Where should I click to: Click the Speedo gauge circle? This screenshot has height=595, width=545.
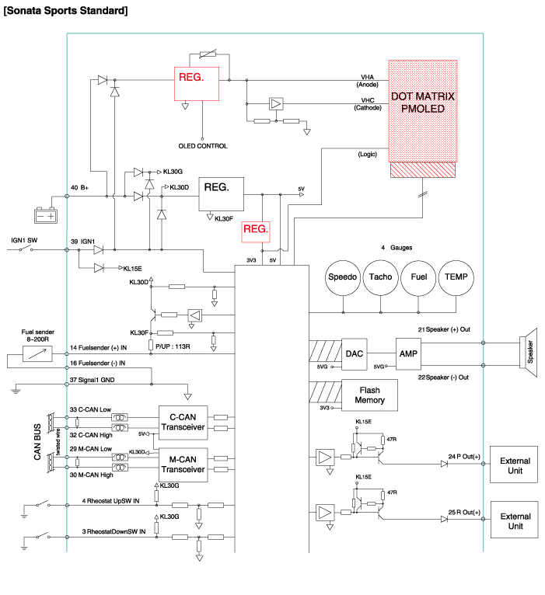coord(342,277)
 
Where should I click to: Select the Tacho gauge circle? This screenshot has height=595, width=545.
coord(381,277)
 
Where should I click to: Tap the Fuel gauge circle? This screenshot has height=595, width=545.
coord(418,277)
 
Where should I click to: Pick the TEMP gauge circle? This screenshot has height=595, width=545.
coord(456,277)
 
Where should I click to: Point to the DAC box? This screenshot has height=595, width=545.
coord(355,353)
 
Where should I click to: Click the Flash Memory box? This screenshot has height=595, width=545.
coord(370,396)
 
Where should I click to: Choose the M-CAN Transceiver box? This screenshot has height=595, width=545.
coord(183,465)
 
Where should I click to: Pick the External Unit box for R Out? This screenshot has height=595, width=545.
coord(515,522)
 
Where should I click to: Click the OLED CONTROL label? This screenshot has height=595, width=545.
coord(203,146)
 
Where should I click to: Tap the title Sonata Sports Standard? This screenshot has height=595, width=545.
coord(66,11)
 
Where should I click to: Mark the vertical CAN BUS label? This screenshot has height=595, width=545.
coord(37,443)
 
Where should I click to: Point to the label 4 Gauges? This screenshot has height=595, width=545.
coord(397,247)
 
